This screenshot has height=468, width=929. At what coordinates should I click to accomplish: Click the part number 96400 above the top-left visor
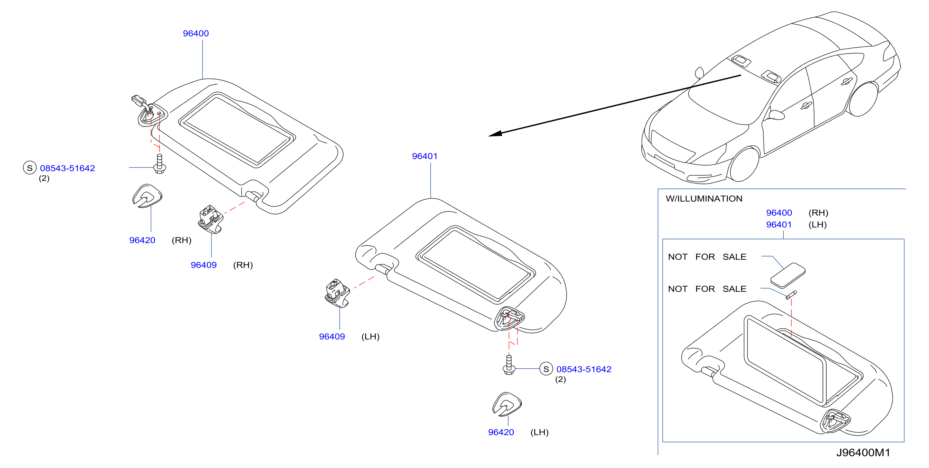196,33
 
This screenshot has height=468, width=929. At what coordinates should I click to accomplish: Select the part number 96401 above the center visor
424,156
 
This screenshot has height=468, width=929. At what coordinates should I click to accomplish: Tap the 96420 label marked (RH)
142,240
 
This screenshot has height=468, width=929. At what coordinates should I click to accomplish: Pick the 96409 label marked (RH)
204,265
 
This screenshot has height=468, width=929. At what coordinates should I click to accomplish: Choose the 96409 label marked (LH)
332,337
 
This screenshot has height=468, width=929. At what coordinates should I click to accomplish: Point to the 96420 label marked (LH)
501,432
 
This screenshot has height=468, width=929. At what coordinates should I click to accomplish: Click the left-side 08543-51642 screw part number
67,168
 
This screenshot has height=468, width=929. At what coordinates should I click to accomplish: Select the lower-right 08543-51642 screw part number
584,369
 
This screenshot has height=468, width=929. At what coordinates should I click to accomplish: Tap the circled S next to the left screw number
30,168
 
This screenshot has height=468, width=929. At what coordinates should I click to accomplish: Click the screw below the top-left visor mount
160,164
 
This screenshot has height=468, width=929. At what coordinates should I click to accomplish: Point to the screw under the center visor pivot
509,365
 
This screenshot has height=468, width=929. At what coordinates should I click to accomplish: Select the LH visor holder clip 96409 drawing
337,293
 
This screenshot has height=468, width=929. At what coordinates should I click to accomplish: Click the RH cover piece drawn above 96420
147,196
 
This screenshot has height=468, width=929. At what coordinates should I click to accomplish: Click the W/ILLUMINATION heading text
704,199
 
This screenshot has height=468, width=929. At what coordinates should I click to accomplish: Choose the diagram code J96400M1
863,453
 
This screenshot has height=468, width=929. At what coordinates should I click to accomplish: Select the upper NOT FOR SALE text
707,257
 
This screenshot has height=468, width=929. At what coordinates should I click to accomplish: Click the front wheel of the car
744,165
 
